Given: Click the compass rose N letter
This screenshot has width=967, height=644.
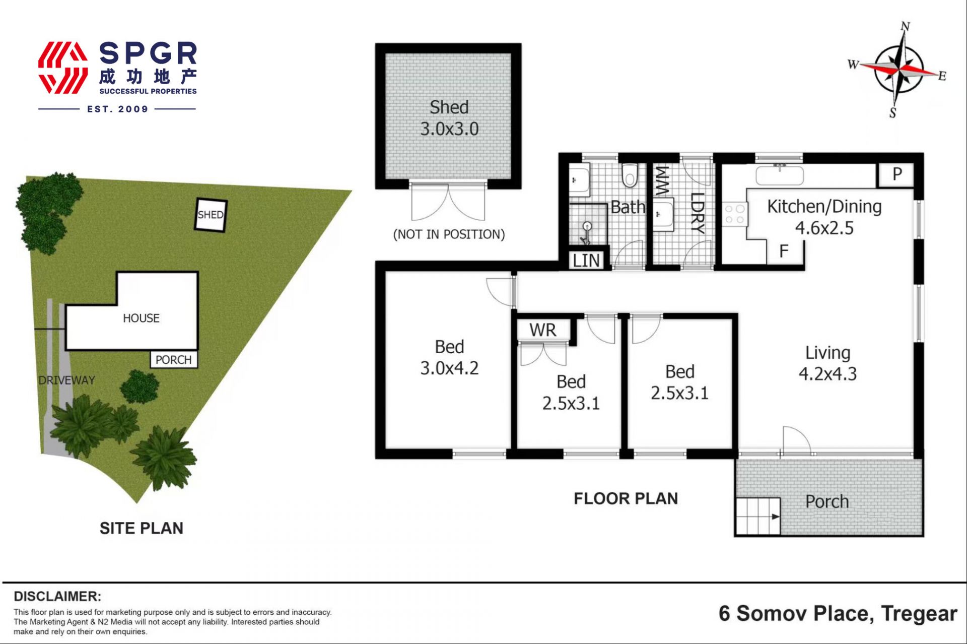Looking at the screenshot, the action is point(905,26).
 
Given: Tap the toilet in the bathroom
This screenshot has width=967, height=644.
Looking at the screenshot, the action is point(630,175).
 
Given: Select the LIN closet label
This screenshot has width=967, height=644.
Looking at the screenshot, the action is point(586,261).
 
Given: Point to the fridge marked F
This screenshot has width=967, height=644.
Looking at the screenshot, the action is point(784,251).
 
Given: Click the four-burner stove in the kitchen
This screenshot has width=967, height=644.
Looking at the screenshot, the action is point(734,214).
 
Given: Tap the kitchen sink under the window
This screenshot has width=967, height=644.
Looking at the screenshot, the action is point(779,174).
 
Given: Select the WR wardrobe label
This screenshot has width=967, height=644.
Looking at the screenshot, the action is point(543,330).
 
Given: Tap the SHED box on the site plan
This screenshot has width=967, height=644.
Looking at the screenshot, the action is point(211,215).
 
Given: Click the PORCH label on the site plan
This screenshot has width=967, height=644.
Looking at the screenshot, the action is point(173,360).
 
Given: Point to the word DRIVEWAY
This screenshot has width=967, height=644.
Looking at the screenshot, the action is point(66,380).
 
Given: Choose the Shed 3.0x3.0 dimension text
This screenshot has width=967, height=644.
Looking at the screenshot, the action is point(449,129).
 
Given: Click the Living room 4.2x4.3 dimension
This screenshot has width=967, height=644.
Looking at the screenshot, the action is point(827,374).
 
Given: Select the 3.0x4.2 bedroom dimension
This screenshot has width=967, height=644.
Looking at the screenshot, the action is point(449,368).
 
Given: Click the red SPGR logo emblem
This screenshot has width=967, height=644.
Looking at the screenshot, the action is point(63,68).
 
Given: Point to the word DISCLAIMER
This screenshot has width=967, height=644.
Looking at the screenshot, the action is point(57,597).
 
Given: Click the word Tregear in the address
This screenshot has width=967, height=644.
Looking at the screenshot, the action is point(919,614).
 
